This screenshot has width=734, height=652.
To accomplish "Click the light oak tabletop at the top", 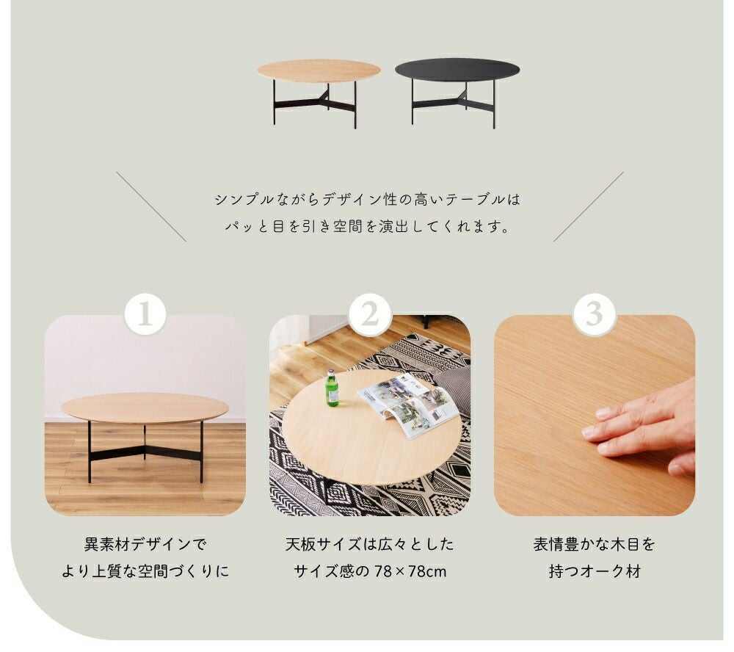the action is [x=319, y=70].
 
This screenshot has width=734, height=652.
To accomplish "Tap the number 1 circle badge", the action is [x=145, y=314].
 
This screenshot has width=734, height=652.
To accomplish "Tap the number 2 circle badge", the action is [x=370, y=314].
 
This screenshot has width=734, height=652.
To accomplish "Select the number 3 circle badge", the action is [x=594, y=314].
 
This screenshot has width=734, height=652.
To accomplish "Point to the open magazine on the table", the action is [x=408, y=405].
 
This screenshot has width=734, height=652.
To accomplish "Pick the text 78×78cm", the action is [x=410, y=571].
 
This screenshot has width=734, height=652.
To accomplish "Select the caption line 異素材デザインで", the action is [x=145, y=544].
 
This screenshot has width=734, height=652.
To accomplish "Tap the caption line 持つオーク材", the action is [x=595, y=571].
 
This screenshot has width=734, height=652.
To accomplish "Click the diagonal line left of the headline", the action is [x=151, y=206].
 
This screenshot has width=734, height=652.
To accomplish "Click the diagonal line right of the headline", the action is [x=589, y=206].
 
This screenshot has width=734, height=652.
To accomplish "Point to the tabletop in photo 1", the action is [x=145, y=407].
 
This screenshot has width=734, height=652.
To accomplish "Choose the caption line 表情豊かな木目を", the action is [x=595, y=544].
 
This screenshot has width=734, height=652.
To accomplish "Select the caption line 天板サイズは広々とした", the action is [x=370, y=544].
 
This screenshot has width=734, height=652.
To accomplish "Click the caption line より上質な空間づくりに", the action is [x=145, y=571].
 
